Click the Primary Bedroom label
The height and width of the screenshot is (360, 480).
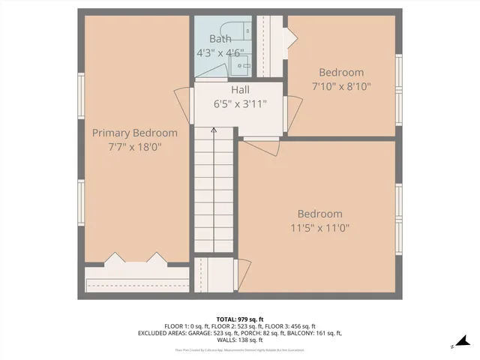[135, 133]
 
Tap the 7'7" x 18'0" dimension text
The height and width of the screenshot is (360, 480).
[135, 147]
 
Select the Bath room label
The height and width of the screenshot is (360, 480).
[220, 39]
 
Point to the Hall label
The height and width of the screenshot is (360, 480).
[240, 90]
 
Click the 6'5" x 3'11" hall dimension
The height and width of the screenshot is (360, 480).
[240, 104]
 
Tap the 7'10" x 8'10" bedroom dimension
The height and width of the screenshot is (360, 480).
[341, 86]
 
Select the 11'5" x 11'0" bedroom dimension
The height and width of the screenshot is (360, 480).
[320, 227]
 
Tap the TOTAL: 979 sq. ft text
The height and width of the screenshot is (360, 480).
[240, 318]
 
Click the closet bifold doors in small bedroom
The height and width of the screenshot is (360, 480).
[289, 37]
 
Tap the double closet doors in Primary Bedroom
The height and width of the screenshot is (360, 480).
[136, 259]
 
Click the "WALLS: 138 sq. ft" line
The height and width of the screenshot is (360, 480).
[240, 340]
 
